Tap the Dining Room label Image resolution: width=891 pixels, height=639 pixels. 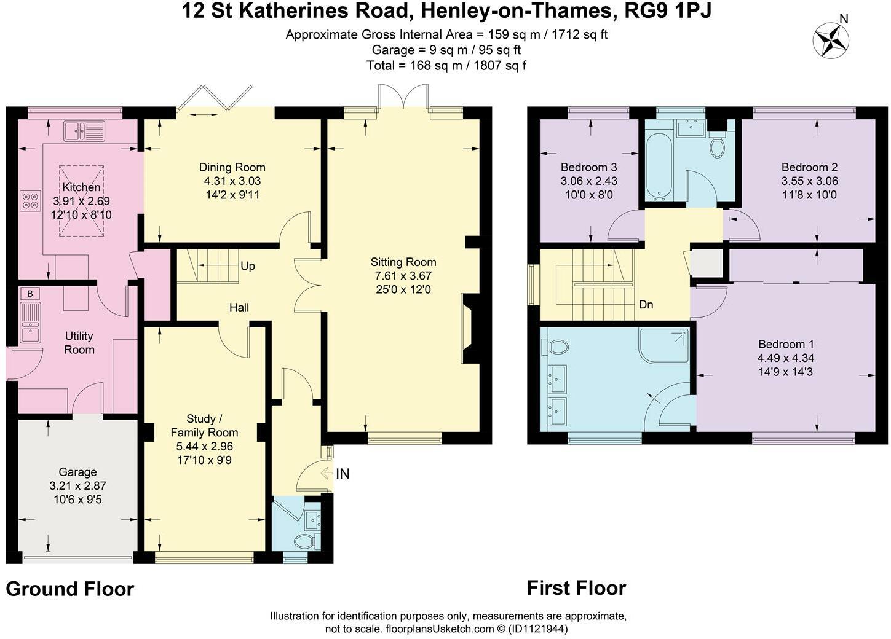point(232,167)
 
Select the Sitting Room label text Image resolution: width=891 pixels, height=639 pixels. point(403,262)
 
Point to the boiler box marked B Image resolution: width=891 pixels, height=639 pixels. point(30,294)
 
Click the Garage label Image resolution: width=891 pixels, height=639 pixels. point(77,472)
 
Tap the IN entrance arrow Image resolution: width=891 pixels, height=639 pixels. point(336,474)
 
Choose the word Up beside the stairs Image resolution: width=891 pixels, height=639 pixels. point(248,266)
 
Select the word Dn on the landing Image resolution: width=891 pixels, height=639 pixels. point(646,305)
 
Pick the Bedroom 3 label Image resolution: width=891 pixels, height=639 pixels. point(588,167)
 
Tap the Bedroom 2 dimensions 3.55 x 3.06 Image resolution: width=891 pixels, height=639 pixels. point(809,181)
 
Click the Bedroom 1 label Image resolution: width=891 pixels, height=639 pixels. point(785,344)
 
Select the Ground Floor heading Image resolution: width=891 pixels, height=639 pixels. point(69,589)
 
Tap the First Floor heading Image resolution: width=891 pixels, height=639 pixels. point(576,588)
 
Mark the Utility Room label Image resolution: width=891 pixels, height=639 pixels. point(79,343)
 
